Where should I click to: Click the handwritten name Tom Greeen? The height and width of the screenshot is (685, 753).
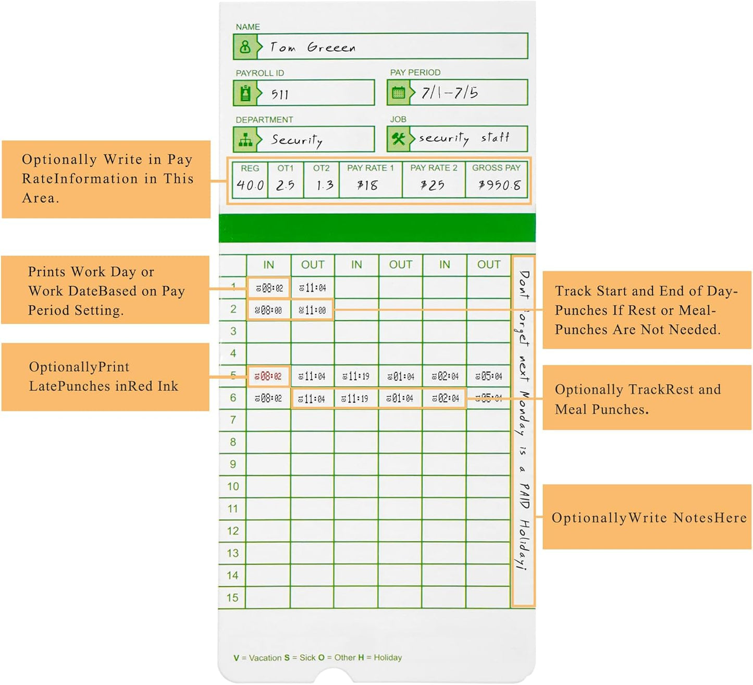click(x=313, y=47)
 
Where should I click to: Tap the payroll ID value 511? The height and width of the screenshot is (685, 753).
click(x=280, y=94)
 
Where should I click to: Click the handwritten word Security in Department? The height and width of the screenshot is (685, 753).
click(x=297, y=140)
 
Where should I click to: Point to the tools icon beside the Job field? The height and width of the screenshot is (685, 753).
click(x=399, y=139)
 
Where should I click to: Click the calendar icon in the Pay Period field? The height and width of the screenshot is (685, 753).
click(x=399, y=93)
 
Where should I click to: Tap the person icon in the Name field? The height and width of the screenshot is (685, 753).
click(x=245, y=47)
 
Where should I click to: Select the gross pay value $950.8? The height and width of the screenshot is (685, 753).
click(x=499, y=185)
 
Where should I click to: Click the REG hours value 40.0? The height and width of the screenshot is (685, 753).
click(x=250, y=185)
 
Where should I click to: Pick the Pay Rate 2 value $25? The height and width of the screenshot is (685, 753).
click(x=433, y=185)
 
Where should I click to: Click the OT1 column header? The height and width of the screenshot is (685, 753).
click(x=285, y=168)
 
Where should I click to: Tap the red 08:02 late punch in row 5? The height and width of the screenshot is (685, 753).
click(x=268, y=376)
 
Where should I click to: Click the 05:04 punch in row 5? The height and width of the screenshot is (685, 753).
click(x=489, y=376)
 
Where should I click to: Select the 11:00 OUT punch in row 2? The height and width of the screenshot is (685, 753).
click(x=312, y=310)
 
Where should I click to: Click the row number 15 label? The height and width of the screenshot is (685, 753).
click(x=232, y=597)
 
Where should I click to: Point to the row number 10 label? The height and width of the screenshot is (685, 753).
click(x=232, y=486)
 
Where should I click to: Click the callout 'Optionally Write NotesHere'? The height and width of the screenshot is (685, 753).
click(x=648, y=518)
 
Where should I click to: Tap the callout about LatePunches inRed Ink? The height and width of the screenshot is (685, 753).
click(x=104, y=376)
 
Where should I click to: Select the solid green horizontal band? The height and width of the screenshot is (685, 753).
click(x=377, y=228)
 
